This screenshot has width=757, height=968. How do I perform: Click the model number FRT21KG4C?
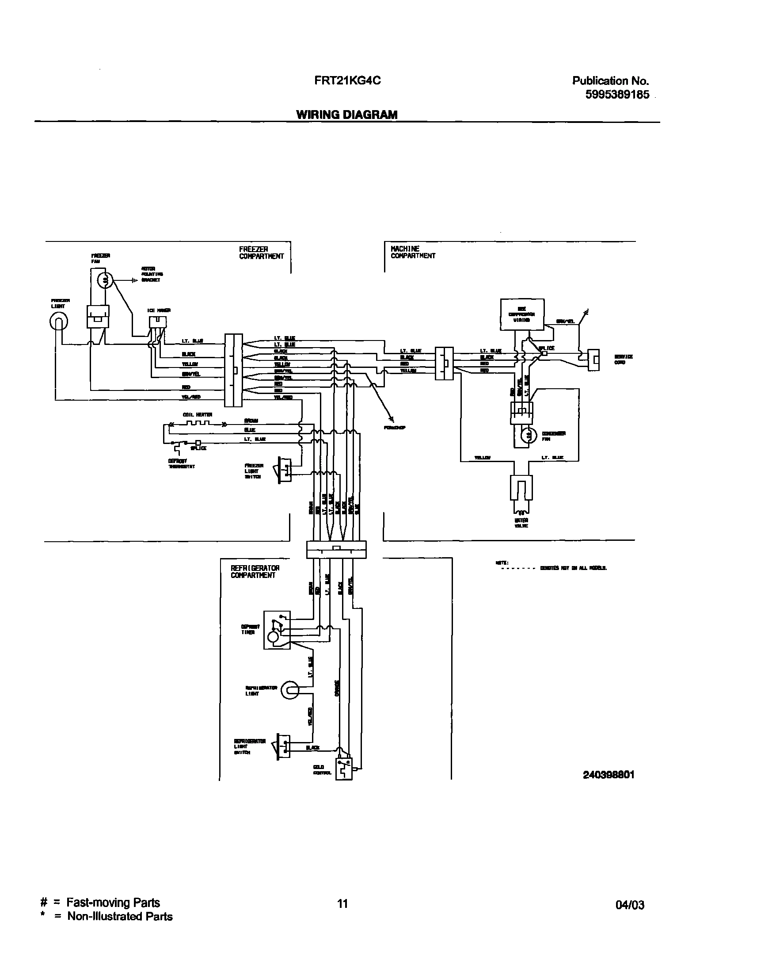click(347, 81)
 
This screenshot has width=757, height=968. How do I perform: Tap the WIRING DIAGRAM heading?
click(346, 115)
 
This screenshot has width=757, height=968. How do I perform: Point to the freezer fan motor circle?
click(106, 280)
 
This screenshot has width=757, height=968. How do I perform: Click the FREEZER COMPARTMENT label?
click(261, 253)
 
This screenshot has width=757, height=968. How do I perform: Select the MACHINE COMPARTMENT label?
click(413, 253)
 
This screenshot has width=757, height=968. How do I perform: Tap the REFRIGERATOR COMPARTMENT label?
click(255, 572)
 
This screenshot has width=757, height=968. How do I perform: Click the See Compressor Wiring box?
click(522, 314)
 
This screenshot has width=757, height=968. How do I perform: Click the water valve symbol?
click(521, 490)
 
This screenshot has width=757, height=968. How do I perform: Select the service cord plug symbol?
click(593, 360)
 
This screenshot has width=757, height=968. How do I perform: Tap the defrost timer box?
click(277, 630)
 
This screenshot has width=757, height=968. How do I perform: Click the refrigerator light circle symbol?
click(289, 690)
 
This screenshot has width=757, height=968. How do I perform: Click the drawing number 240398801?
click(608, 775)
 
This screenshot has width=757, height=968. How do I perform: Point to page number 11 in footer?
click(342, 904)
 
